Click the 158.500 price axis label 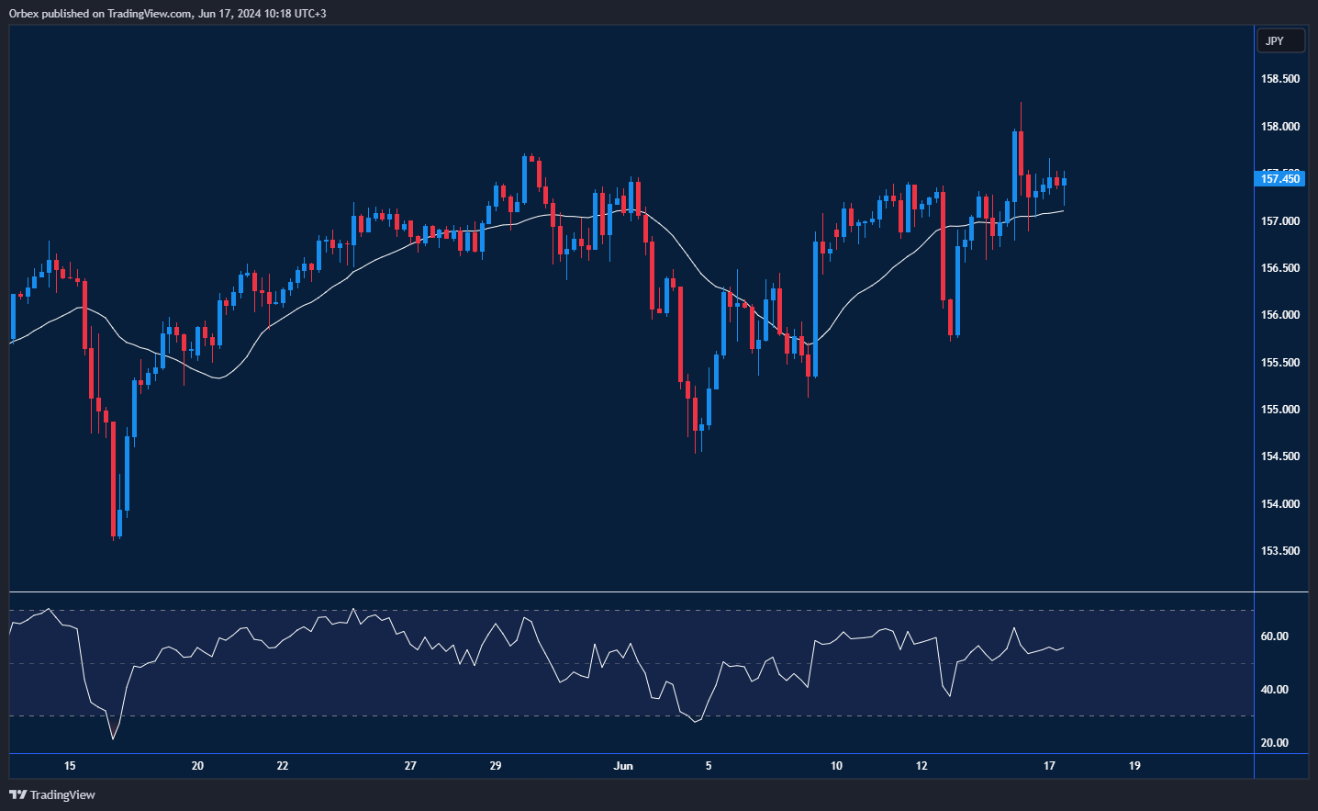(x=1280, y=79)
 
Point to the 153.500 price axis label (x=1280, y=551)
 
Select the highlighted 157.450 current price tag (x=1279, y=178)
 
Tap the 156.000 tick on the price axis (x=1280, y=315)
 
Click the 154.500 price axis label (x=1280, y=456)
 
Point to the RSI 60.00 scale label (x=1275, y=636)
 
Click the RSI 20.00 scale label (x=1275, y=743)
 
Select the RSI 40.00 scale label (x=1275, y=690)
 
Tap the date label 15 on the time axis (x=70, y=766)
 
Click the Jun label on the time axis (x=623, y=766)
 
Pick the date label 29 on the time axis (x=496, y=766)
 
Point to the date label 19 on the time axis (x=1134, y=766)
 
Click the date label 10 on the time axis (x=836, y=766)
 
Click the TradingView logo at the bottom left (x=52, y=794)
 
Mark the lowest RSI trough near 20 (x=113, y=738)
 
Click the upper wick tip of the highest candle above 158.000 (x=1021, y=103)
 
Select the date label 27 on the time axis (x=410, y=766)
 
